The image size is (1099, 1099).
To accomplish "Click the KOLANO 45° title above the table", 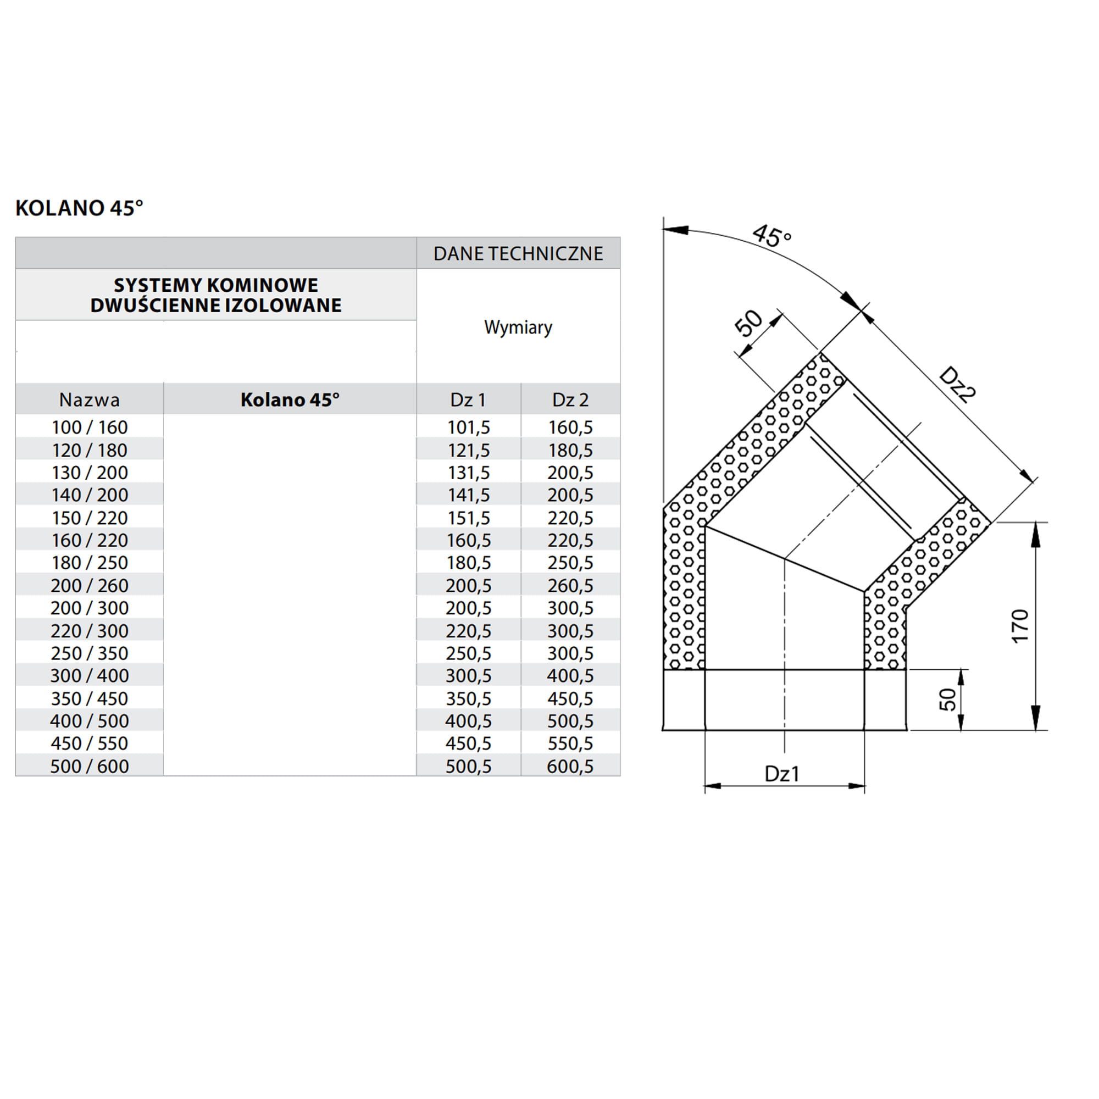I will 79,208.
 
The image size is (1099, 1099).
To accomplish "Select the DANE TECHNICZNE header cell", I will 518,254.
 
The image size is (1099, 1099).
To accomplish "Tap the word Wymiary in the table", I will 518,327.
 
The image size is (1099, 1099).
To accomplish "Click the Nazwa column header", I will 90,400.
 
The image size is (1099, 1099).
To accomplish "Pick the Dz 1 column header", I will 468,400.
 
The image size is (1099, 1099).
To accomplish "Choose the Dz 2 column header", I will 570,400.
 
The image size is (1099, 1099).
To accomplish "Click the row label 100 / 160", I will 90,427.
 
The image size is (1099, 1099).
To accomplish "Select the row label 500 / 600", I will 90,766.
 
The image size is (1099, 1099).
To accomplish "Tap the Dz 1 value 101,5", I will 468,427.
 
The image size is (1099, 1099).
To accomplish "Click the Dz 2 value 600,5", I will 570,766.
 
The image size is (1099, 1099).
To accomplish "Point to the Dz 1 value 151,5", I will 468,518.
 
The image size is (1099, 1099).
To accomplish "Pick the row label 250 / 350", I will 90,653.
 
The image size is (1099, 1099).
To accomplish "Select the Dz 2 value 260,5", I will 570,585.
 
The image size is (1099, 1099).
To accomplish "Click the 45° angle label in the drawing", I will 771,236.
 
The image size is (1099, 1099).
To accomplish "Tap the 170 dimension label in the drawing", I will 1020,626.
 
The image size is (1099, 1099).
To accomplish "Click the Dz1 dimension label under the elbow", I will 782,774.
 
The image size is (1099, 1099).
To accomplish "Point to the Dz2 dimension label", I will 957,385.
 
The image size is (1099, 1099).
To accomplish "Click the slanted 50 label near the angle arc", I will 748,323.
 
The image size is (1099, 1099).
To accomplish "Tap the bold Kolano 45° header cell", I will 290,400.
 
